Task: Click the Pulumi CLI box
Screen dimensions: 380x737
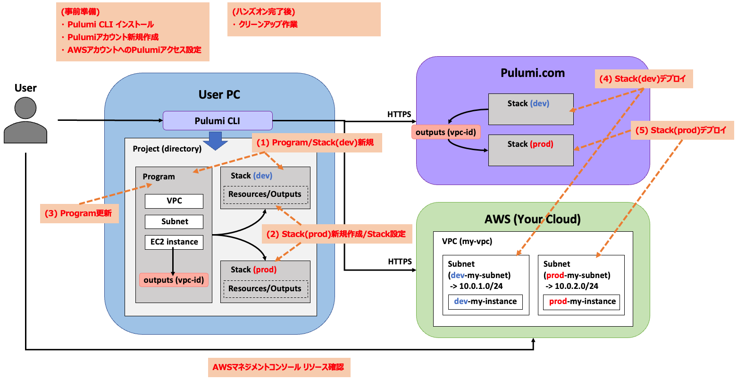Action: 218,121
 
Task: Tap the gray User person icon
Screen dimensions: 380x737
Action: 25,120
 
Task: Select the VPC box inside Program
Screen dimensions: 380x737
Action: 174,201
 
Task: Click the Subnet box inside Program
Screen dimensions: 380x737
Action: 174,222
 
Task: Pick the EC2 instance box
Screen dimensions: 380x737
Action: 174,242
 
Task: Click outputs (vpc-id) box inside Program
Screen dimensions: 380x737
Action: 174,280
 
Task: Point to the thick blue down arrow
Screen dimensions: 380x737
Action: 215,141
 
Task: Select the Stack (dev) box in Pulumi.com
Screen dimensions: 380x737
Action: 531,109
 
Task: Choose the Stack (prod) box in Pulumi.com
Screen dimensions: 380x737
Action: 531,150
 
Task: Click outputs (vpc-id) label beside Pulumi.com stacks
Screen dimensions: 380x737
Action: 446,132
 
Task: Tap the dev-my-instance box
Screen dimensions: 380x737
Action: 485,302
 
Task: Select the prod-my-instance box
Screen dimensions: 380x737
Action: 582,302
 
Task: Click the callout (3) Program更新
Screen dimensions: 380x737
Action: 79,213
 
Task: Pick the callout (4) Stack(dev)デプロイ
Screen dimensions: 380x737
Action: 644,79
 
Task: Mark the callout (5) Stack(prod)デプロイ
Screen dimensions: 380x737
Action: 682,130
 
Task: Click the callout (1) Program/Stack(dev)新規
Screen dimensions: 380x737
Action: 316,143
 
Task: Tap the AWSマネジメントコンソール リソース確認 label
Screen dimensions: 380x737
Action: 279,367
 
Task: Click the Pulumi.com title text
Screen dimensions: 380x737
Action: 533,73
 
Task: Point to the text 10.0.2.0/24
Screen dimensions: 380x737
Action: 576,286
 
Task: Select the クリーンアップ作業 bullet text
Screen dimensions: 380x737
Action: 268,25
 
